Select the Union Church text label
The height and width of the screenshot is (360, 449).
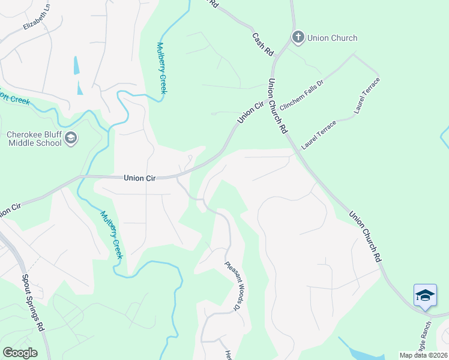[332, 38]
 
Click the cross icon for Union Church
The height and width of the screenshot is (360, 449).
[298, 38]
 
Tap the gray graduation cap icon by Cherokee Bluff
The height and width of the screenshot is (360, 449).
[71, 139]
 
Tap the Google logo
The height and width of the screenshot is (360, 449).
[20, 353]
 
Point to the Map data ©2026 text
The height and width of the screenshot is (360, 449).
[423, 355]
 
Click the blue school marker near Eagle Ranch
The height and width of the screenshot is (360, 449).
[425, 296]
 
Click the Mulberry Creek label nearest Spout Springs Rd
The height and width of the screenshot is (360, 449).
[112, 235]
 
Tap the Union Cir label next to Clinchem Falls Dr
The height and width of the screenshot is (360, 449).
[251, 112]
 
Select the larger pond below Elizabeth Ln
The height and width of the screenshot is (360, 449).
[76, 65]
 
